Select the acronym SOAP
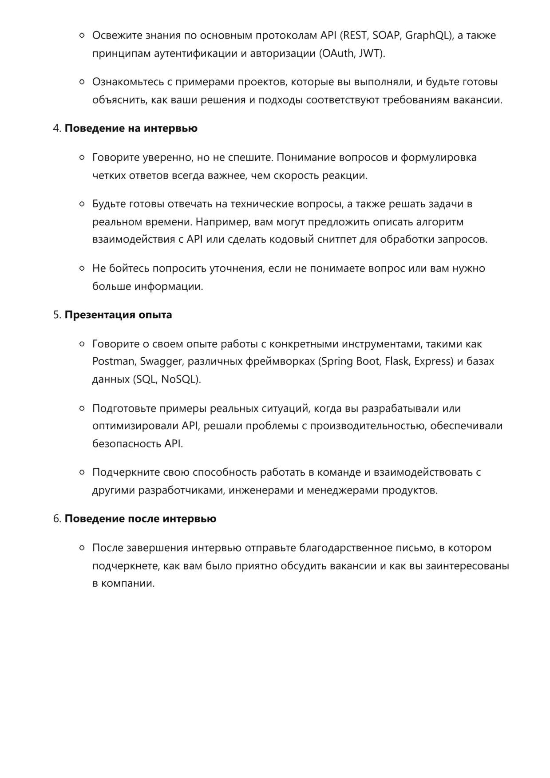click(x=386, y=36)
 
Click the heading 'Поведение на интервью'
click(x=131, y=128)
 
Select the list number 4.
click(x=56, y=128)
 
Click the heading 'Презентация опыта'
click(x=118, y=315)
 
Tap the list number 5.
click(x=56, y=315)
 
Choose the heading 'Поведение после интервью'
click(x=140, y=519)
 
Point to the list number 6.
click(x=56, y=519)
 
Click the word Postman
click(x=113, y=361)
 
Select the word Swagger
click(x=161, y=361)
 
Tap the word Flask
click(x=396, y=361)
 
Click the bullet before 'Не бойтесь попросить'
click(x=82, y=269)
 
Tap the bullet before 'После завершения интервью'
click(x=82, y=548)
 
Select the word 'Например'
click(x=222, y=222)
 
